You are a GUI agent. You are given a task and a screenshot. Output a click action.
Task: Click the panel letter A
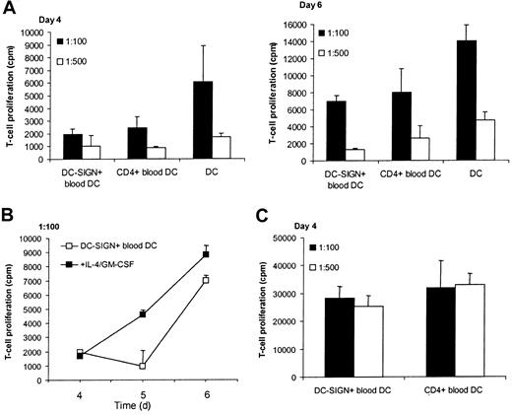(x=10, y=9)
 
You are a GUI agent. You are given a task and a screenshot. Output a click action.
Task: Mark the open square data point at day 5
(x=143, y=366)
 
